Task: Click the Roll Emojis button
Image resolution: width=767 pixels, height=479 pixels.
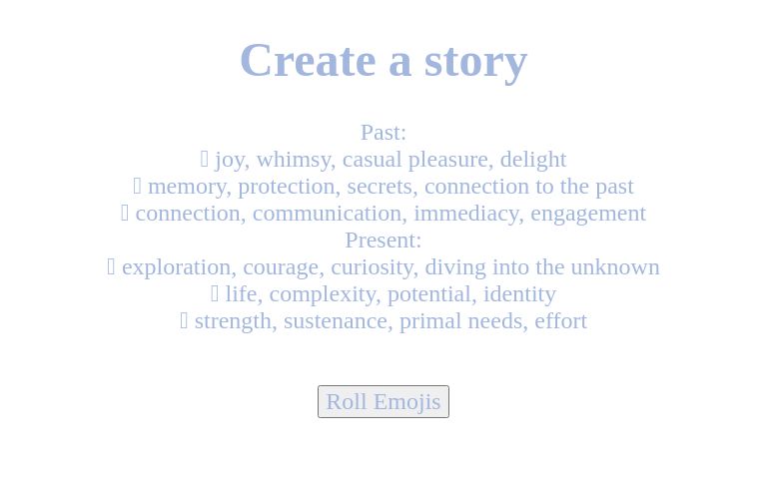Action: pos(383,401)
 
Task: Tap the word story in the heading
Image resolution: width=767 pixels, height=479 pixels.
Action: pos(475,61)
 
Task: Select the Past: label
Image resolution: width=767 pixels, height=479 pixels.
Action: pos(383,132)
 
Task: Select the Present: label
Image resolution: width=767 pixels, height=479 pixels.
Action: pos(383,239)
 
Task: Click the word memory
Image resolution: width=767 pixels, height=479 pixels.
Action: pos(187,187)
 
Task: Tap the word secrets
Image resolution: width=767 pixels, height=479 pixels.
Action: pos(380,187)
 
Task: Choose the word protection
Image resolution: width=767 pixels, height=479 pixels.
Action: pos(286,187)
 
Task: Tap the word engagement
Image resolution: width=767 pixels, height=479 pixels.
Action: pos(588,214)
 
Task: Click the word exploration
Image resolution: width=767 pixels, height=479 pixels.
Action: pos(176,267)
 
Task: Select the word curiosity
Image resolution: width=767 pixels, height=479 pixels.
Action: pos(371,267)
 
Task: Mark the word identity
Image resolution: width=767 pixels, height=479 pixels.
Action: pos(519,294)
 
